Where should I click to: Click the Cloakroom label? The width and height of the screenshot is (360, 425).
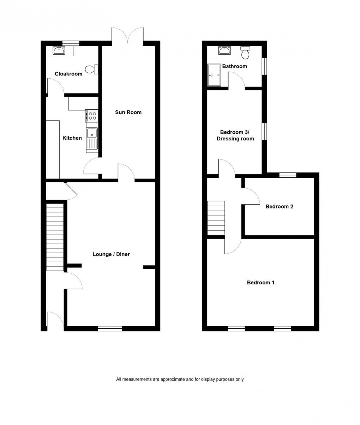click(x=68, y=74)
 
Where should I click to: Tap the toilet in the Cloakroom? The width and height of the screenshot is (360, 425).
click(x=94, y=69)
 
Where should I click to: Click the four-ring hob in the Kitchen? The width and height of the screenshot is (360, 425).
click(x=92, y=116)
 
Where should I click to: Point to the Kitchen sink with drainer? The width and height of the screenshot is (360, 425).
click(x=92, y=139)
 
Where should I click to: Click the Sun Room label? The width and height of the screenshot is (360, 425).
click(x=128, y=112)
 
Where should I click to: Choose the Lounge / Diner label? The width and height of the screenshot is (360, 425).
click(x=111, y=254)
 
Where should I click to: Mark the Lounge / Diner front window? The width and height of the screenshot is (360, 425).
click(x=110, y=328)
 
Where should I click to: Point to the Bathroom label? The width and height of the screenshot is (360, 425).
click(x=234, y=66)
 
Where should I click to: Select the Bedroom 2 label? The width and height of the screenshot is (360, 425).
click(x=279, y=206)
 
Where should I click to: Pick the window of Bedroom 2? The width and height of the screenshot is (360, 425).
click(x=288, y=175)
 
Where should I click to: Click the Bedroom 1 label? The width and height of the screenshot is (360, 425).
click(x=260, y=283)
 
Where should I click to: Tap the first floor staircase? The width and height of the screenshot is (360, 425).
click(x=216, y=218)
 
